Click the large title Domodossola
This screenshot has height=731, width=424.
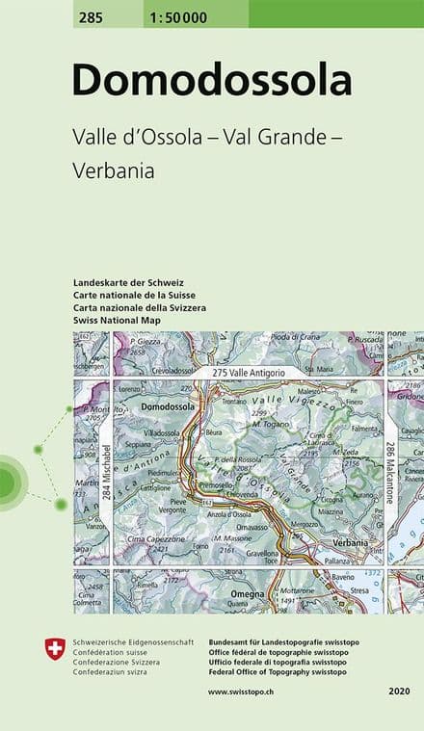pyautogui.click(x=212, y=80)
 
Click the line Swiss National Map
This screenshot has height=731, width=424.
pyautogui.click(x=117, y=319)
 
